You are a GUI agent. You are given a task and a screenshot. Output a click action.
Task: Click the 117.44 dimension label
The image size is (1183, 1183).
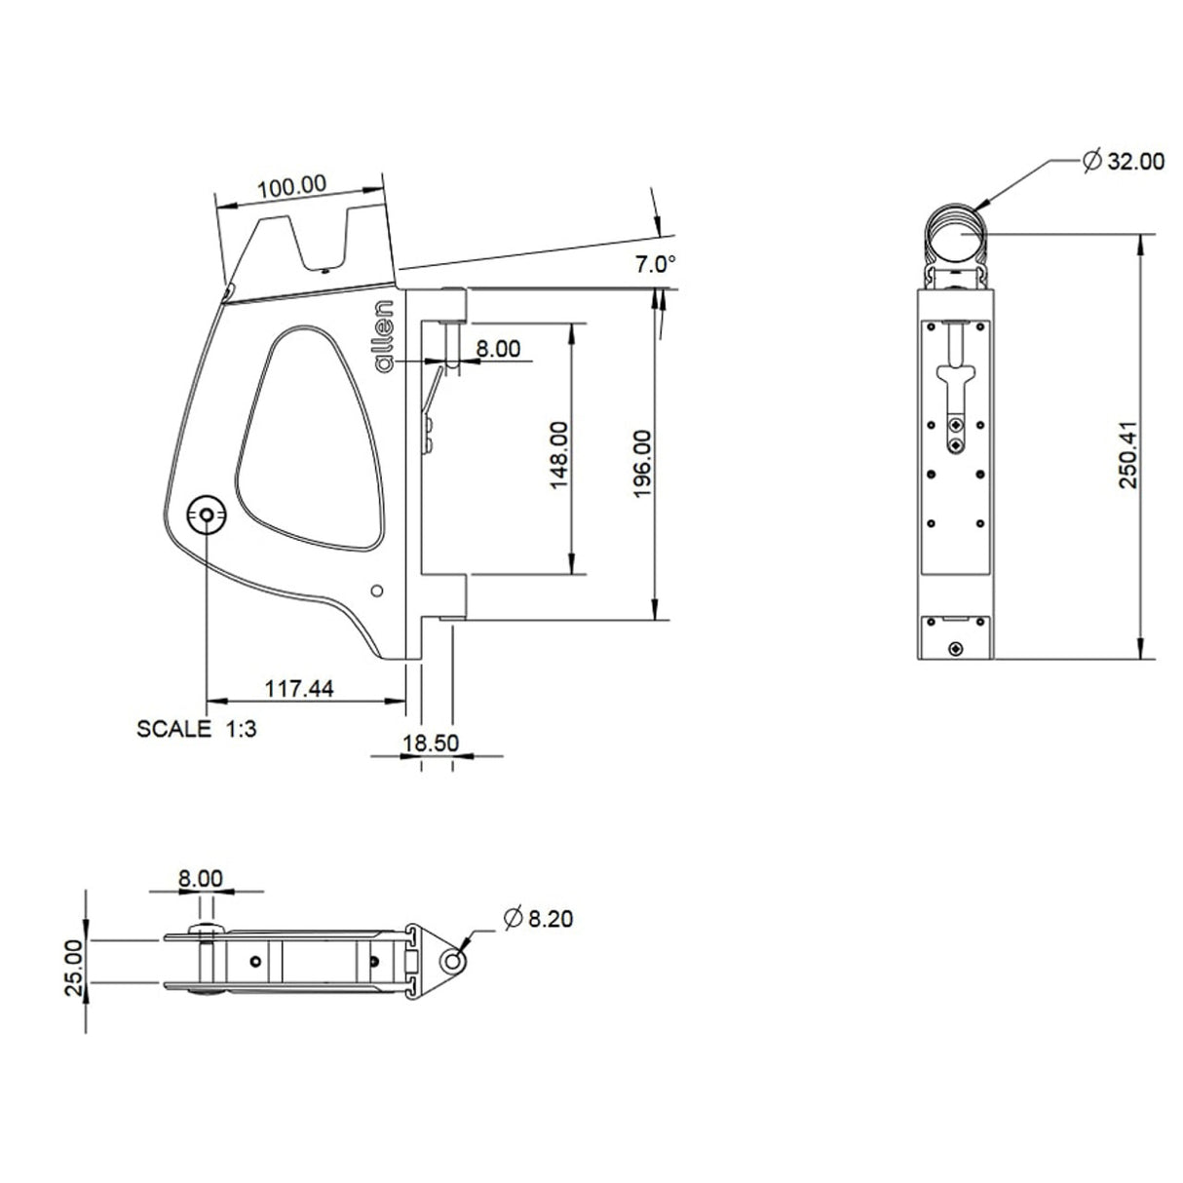(x=299, y=689)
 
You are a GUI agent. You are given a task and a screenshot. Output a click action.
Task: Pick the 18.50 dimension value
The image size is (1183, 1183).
(x=430, y=743)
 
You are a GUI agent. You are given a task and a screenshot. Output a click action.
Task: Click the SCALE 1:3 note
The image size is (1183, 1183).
(x=197, y=729)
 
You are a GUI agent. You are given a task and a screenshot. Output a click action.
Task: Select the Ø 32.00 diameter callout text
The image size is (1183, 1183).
(x=1123, y=162)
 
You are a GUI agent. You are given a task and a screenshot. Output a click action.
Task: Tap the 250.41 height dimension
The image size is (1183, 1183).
(x=1127, y=455)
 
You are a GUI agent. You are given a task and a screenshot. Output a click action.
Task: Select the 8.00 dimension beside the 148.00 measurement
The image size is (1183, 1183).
(x=498, y=348)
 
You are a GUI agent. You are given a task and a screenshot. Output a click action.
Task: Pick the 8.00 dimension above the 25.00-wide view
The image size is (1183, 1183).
(x=201, y=878)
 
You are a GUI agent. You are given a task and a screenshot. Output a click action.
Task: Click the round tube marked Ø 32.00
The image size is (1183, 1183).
(x=955, y=235)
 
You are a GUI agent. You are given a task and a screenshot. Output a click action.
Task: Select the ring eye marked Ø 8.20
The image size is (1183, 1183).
(x=451, y=963)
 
